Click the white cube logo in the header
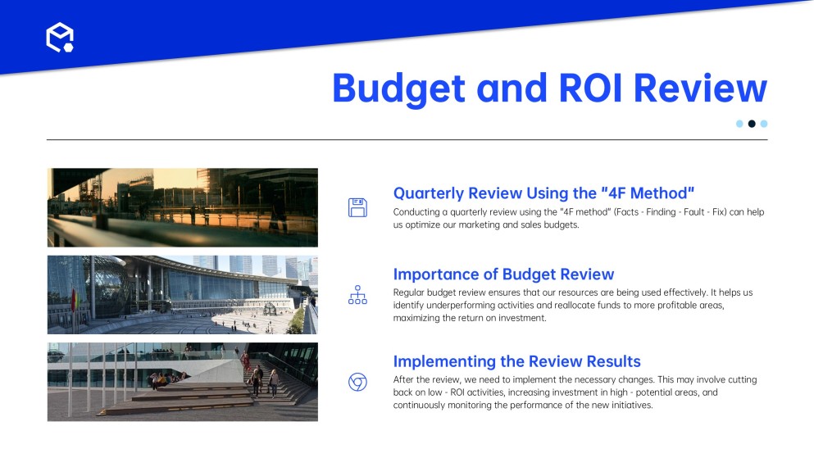[x=60, y=38]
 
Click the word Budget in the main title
[x=398, y=89]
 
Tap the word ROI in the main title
[x=590, y=88]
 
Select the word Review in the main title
[x=700, y=88]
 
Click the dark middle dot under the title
[x=752, y=124]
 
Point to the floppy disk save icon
[x=357, y=207]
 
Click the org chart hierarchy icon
[x=357, y=295]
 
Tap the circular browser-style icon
[x=357, y=382]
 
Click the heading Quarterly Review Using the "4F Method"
[x=543, y=193]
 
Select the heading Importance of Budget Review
[x=503, y=274]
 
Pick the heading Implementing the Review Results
[x=516, y=361]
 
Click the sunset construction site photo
[x=183, y=207]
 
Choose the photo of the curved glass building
[x=183, y=295]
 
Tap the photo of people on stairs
[x=183, y=382]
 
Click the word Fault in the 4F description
[x=694, y=211]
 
